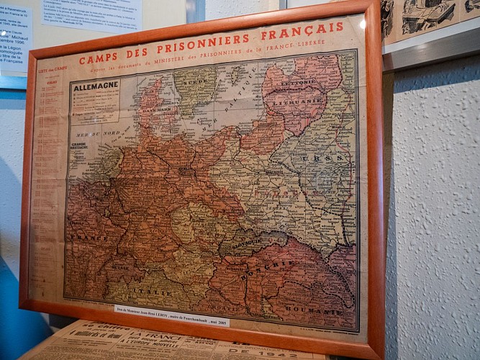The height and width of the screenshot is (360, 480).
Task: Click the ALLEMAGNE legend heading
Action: click(95, 86)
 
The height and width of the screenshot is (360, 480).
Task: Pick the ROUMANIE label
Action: click(314, 310)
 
